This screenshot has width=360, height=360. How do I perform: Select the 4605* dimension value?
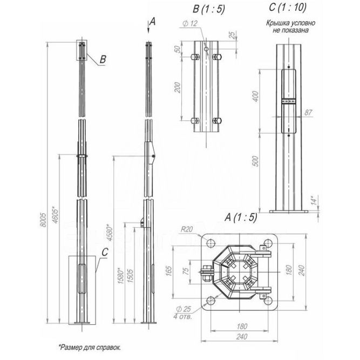[57, 215]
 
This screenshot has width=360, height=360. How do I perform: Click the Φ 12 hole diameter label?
[189, 23]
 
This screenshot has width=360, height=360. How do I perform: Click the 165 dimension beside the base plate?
[168, 268]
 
